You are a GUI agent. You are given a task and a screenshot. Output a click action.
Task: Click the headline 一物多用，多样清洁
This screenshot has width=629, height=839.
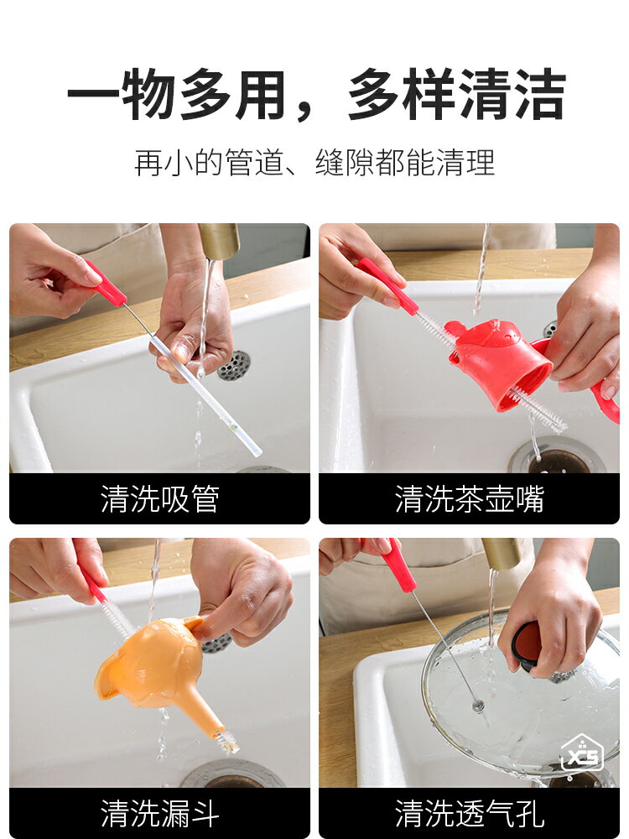click(316, 94)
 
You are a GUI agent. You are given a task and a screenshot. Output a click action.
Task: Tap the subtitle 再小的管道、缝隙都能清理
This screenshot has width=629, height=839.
click(314, 163)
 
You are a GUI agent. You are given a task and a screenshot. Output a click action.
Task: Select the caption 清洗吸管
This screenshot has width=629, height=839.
click(160, 498)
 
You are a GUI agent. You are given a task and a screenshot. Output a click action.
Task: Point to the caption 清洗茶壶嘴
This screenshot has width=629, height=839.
click(469, 498)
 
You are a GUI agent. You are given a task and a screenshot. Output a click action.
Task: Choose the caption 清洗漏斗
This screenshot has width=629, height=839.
click(160, 813)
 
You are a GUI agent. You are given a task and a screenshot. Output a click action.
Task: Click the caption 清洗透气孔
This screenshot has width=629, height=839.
click(469, 813)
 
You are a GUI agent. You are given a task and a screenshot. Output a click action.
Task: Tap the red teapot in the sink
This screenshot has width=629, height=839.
click(500, 361)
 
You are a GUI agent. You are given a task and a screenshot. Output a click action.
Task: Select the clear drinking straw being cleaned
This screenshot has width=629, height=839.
click(206, 396)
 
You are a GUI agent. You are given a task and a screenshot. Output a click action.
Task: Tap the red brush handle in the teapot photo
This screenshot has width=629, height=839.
click(387, 286)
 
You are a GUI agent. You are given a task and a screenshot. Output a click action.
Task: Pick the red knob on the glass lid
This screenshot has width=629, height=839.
click(527, 644)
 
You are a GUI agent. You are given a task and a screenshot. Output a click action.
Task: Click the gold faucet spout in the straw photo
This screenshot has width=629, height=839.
click(219, 241)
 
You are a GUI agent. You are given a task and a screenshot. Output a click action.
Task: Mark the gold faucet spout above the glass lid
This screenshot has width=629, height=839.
click(502, 553)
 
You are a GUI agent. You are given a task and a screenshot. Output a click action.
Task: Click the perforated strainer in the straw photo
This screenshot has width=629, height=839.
click(234, 366)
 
